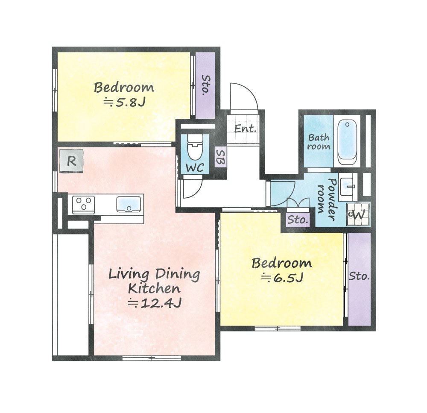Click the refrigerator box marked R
pyautogui.click(x=71, y=161)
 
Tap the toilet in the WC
pyautogui.click(x=194, y=147)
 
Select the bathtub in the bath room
pyautogui.click(x=347, y=143)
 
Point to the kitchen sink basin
pyautogui.click(x=129, y=204)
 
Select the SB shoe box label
pyautogui.click(x=220, y=157)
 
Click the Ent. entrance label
pyautogui.click(x=246, y=129)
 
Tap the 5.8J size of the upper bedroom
pyautogui.click(x=125, y=103)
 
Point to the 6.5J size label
pyautogui.click(x=282, y=278)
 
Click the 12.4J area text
pyautogui.click(x=155, y=302)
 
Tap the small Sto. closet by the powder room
pyautogui.click(x=298, y=219)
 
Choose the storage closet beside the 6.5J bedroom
pyautogui.click(x=360, y=279)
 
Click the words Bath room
pyautogui.click(x=319, y=142)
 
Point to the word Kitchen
pyautogui.click(x=154, y=288)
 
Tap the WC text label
pyautogui.click(x=195, y=168)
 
